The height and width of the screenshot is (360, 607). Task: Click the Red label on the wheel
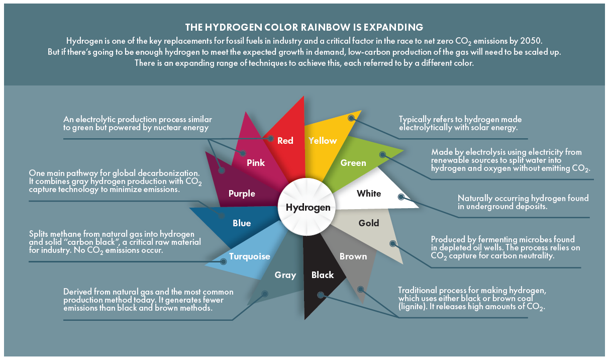(x=285, y=141)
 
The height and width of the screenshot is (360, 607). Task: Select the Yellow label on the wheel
(x=323, y=141)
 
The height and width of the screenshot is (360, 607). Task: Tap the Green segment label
(x=353, y=163)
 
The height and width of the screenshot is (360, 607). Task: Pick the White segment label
(x=369, y=194)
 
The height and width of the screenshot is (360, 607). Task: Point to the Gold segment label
(x=369, y=223)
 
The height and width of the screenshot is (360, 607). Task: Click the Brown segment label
(x=353, y=256)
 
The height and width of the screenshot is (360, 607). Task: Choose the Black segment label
(x=323, y=275)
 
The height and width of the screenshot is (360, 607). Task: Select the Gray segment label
(x=285, y=275)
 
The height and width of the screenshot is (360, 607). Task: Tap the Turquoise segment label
(x=250, y=256)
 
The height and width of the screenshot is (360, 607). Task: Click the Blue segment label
(x=242, y=223)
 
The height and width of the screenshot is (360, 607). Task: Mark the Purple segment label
(x=242, y=194)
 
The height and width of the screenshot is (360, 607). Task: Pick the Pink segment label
(x=256, y=163)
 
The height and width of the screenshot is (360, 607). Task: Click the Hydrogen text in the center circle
(x=308, y=208)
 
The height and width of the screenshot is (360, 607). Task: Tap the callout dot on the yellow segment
(x=352, y=118)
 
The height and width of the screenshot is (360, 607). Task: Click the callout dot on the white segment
(x=400, y=197)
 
